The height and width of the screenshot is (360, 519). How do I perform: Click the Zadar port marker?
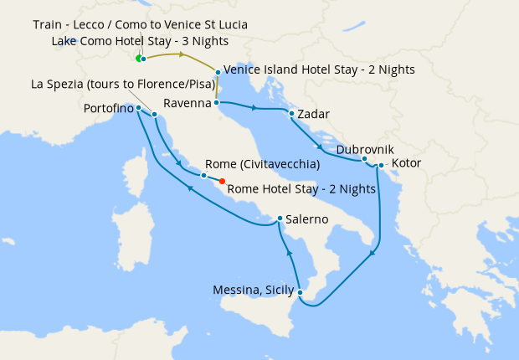pyautogui.click(x=290, y=114)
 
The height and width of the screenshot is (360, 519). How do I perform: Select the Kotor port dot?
pyautogui.click(x=381, y=165)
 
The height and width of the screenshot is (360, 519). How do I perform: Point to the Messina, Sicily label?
pyautogui.click(x=254, y=291)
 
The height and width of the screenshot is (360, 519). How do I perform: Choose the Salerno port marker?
pyautogui.click(x=280, y=219)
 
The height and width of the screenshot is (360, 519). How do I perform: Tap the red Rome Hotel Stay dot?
pyautogui.click(x=222, y=181)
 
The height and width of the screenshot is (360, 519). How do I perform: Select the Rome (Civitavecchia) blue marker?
pyautogui.click(x=203, y=176)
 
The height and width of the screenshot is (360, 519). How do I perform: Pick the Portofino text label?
pyautogui.click(x=108, y=108)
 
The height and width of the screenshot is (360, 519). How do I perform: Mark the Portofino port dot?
pyautogui.click(x=138, y=108)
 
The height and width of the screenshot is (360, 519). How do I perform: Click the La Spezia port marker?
pyautogui.click(x=155, y=115)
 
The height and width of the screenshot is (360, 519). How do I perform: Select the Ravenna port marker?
pyautogui.click(x=217, y=102)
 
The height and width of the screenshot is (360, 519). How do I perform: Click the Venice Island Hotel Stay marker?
pyautogui.click(x=218, y=73)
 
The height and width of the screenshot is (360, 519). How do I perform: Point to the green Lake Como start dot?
pyautogui.click(x=138, y=59)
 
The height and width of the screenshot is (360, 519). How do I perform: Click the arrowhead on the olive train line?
pyautogui.click(x=182, y=54)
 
